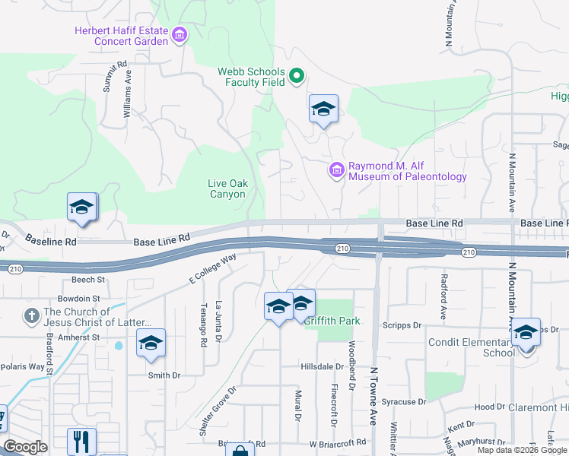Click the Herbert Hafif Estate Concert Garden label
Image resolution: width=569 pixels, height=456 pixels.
121,36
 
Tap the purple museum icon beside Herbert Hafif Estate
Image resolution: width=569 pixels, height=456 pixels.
180,35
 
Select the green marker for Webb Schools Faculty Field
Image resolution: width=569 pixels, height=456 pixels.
297,76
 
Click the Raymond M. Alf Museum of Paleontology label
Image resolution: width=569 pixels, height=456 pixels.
408,171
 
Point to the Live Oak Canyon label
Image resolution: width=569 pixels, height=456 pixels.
227,188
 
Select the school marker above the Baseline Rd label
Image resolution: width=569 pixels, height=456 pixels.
82,207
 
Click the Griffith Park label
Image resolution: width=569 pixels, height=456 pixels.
332,321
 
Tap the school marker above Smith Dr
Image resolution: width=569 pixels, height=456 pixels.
151,343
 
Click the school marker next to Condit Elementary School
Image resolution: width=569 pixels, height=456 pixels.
526,332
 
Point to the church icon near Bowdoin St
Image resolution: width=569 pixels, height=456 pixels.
31,315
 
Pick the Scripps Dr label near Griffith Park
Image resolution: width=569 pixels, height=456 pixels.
405,325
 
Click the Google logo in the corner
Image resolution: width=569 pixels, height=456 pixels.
25,447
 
